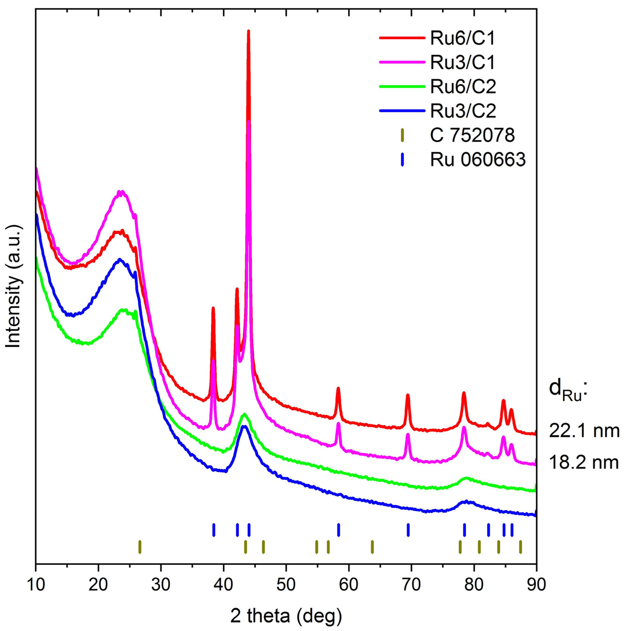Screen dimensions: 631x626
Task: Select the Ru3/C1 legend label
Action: click(x=462, y=63)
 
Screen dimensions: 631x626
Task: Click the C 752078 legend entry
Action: click(x=472, y=135)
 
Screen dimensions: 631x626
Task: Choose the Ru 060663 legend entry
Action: click(x=477, y=160)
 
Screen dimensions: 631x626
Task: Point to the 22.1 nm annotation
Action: click(x=584, y=431)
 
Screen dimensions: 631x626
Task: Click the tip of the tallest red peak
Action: click(x=248, y=31)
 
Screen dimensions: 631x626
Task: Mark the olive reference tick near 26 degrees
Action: click(x=140, y=547)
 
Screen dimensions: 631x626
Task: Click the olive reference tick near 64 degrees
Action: click(x=372, y=547)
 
